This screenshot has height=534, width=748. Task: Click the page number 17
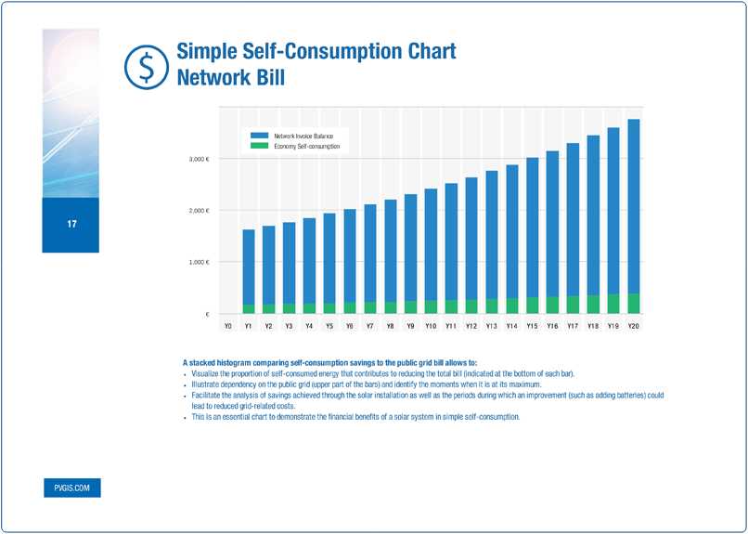(71, 225)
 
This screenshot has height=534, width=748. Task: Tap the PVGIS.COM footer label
(71, 488)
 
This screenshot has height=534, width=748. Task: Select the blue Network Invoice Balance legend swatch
(259, 137)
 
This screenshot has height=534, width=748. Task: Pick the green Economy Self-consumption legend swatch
(259, 147)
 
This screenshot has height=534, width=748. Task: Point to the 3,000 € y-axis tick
(200, 159)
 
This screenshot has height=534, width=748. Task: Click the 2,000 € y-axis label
(200, 211)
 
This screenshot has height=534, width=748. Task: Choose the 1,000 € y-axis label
(200, 263)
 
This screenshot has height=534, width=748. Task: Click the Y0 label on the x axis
(227, 327)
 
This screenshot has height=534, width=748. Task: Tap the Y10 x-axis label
(431, 327)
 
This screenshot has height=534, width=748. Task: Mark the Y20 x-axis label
(633, 327)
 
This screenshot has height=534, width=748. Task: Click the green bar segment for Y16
(552, 306)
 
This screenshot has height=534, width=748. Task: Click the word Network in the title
(212, 78)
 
